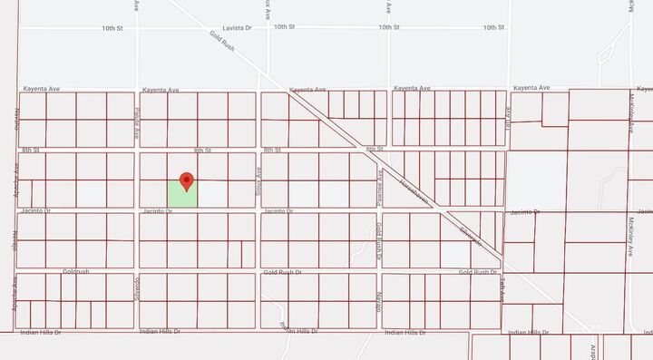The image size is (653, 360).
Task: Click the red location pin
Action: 187,180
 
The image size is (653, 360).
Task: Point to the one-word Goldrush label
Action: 76,271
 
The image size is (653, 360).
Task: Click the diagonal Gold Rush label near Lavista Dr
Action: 223,41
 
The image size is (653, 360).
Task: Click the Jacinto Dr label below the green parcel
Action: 157,211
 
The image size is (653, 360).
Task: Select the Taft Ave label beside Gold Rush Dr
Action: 500,288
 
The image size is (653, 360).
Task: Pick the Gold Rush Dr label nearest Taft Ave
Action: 479,272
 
